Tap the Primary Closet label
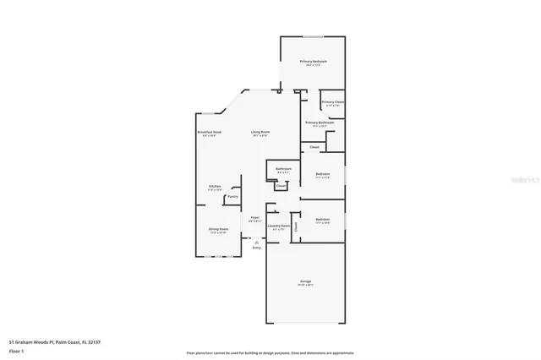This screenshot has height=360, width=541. click(332, 102)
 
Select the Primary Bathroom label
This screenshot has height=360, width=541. click(320, 123)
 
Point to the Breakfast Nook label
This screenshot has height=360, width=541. click(210, 133)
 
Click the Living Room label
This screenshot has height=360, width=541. click(260, 133)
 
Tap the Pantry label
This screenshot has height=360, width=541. click(232, 197)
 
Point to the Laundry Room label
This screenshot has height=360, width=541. click(279, 226)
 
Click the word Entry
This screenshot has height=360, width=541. click(256, 248)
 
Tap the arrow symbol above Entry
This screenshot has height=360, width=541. click(256, 241)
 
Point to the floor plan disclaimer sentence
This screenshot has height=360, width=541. click(270, 352)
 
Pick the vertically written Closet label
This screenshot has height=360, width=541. click(296, 226)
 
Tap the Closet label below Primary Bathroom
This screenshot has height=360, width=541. click(314, 147)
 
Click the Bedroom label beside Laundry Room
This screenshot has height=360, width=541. click(322, 220)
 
